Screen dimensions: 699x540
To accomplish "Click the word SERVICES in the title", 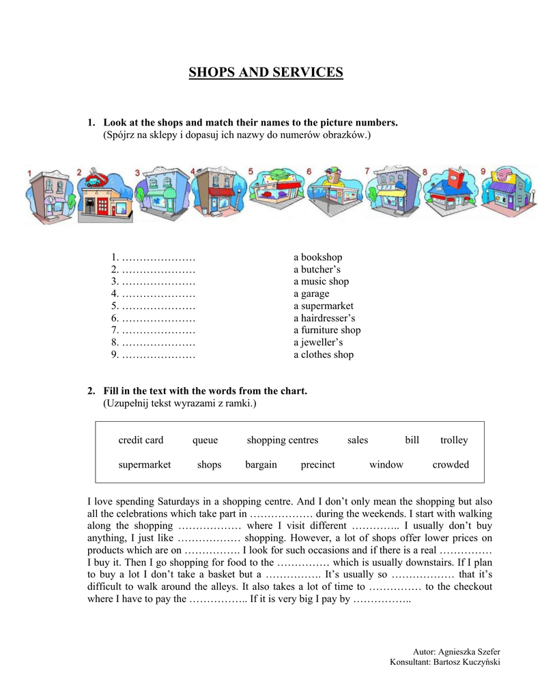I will (x=306, y=72).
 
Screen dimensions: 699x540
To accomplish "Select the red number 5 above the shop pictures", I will (x=251, y=171).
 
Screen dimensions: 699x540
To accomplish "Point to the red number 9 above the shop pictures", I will (x=483, y=171).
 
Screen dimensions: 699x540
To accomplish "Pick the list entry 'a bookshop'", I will (x=317, y=257).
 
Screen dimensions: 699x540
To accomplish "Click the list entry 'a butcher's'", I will (x=317, y=270).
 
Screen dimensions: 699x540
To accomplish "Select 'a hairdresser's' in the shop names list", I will (x=324, y=318).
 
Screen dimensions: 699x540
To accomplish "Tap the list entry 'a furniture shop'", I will (x=327, y=330).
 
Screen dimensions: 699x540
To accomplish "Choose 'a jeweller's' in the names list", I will (x=318, y=343).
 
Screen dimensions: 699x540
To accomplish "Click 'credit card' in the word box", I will (x=141, y=440).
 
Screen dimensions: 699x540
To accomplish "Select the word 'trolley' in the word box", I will (x=454, y=440).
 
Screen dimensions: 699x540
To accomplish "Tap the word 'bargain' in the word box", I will (x=261, y=465).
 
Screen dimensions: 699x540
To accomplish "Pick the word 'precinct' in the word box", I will (x=317, y=465).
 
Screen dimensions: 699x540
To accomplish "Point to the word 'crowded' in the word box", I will (x=451, y=465).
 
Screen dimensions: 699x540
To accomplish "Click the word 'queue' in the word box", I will (x=205, y=440).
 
